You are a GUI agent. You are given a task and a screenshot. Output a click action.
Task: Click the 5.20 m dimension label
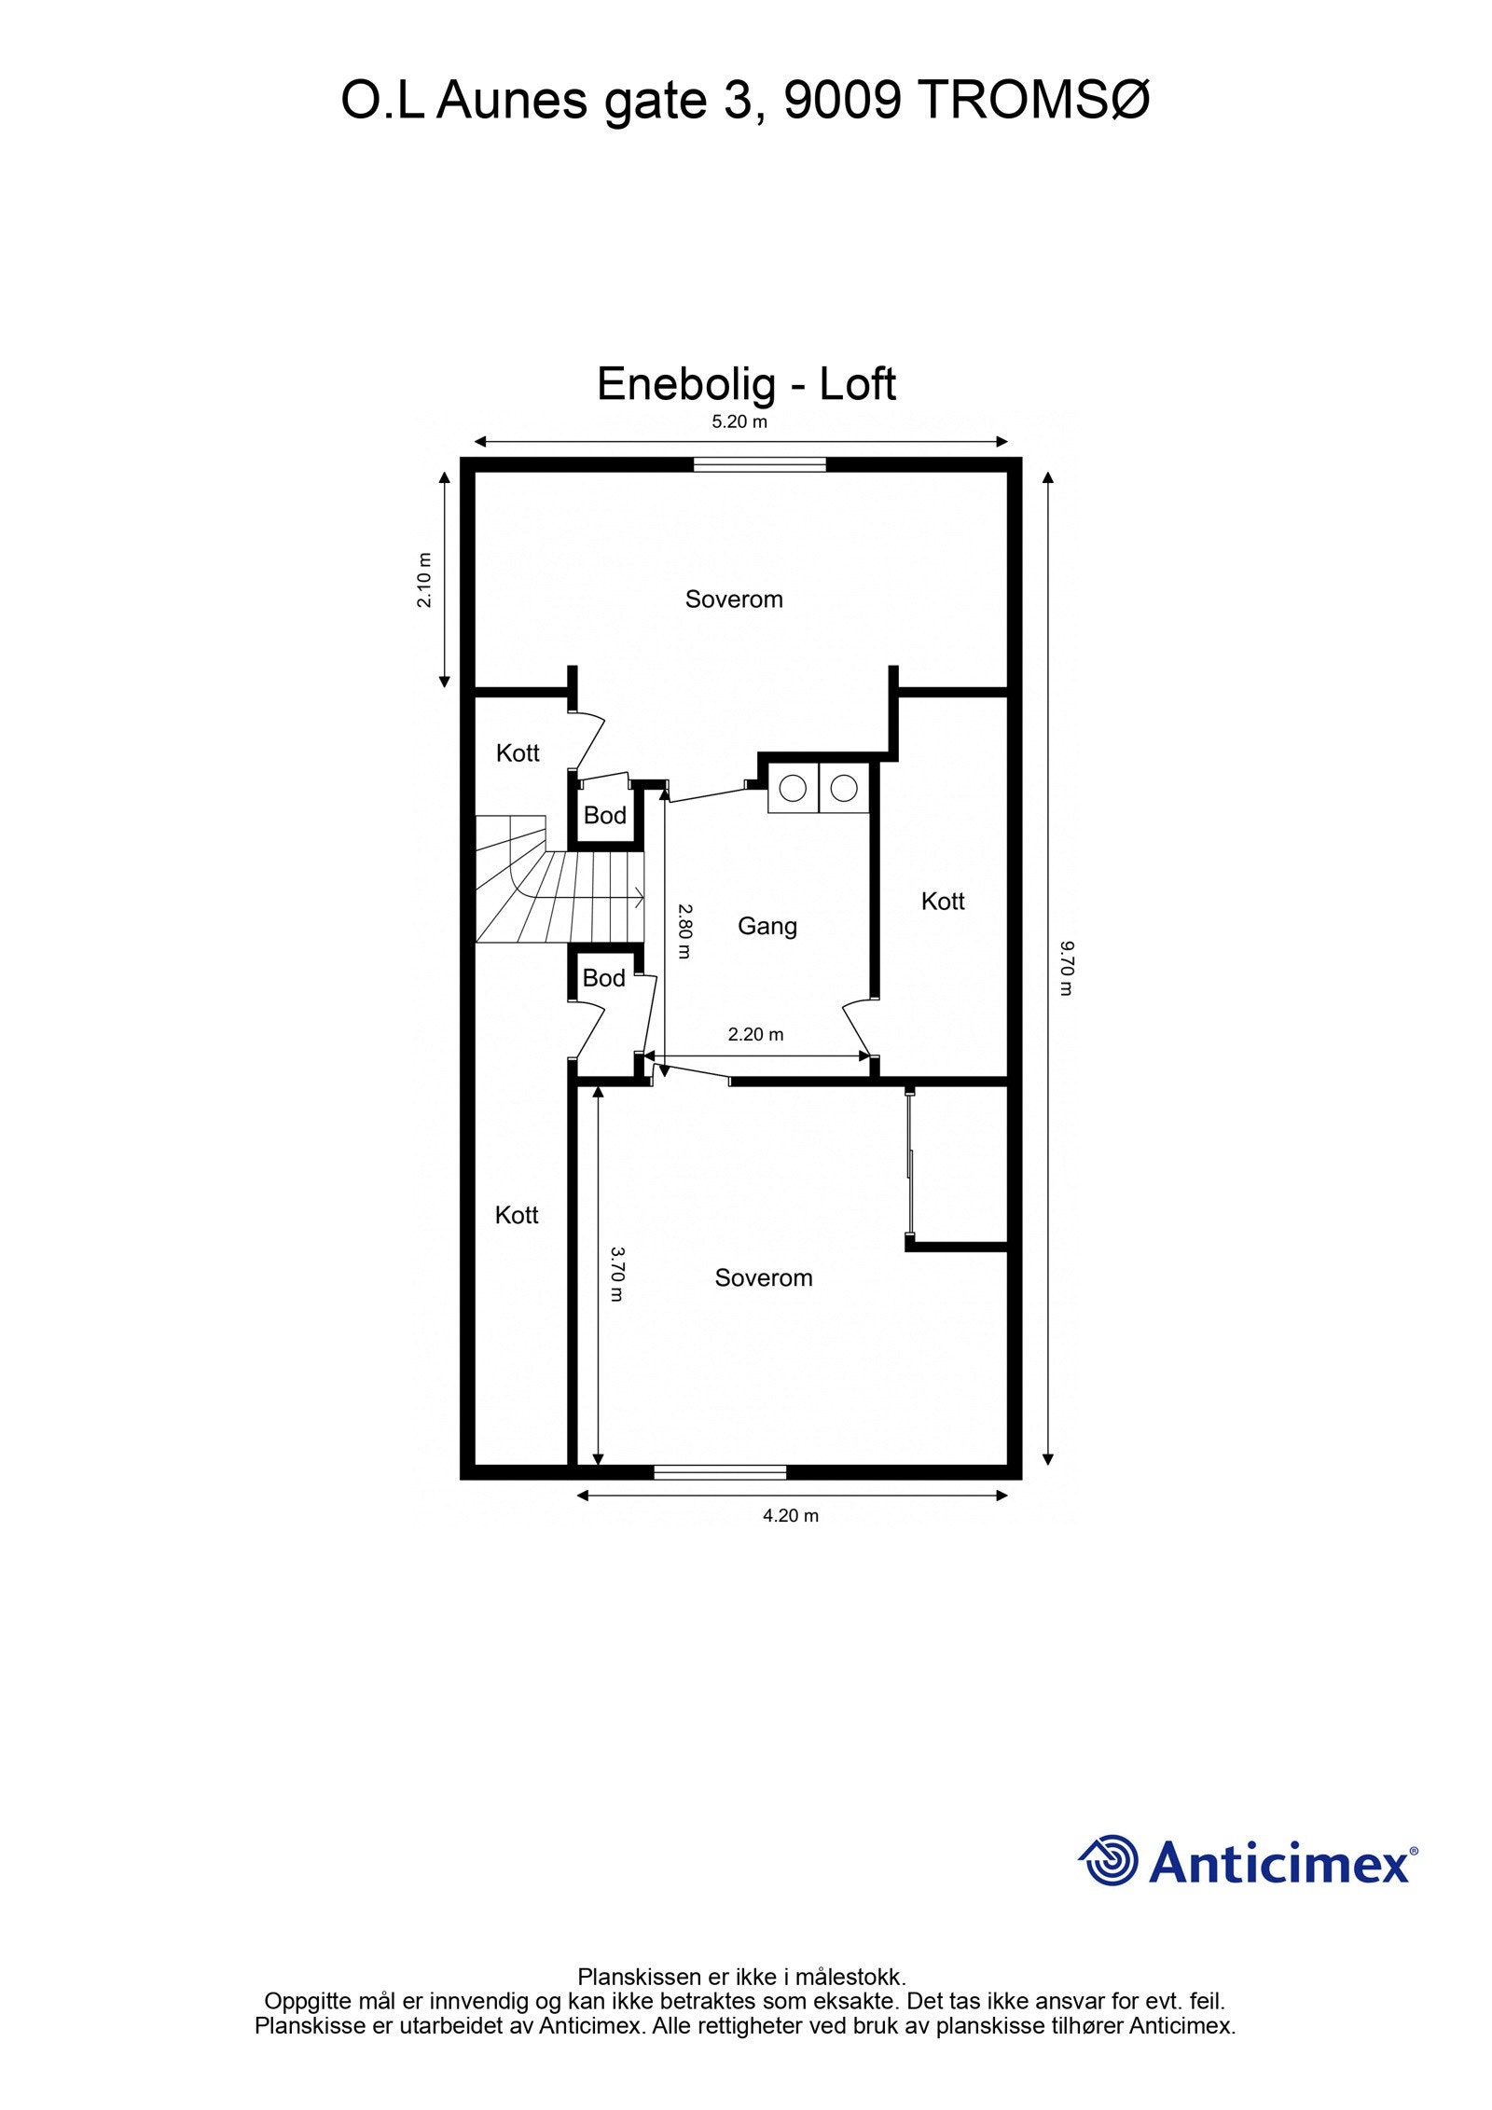click(x=739, y=421)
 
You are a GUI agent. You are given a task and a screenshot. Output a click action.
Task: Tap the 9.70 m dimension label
click(x=1065, y=968)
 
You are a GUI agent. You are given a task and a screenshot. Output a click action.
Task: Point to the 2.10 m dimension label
click(x=425, y=580)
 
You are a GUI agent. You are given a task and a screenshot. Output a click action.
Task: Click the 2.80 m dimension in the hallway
click(x=684, y=931)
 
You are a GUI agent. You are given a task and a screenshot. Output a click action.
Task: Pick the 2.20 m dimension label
click(x=755, y=1034)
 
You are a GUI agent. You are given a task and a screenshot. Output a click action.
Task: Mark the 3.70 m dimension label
click(x=616, y=1274)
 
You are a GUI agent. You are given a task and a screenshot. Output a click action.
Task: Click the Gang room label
click(x=767, y=926)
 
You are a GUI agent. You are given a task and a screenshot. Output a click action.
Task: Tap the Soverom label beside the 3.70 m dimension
click(x=763, y=1277)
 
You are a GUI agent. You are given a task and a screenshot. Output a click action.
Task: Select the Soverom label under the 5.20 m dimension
click(x=734, y=599)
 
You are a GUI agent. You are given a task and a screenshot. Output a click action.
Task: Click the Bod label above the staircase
click(x=604, y=815)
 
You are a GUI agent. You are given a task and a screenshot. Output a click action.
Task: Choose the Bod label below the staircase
click(x=603, y=978)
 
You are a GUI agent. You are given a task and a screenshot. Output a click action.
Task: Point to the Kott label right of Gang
click(x=942, y=901)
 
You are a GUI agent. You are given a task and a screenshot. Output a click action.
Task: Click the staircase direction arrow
click(x=637, y=898)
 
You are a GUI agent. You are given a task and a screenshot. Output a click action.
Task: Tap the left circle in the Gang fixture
click(x=792, y=788)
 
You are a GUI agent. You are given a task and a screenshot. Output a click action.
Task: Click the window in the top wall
click(x=759, y=463)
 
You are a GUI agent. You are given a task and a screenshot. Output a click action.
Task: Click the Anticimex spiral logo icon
click(x=1109, y=1860)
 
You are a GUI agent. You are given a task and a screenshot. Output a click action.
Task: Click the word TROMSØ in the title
click(x=1034, y=100)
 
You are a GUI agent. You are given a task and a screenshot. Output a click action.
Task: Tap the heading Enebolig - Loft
click(x=746, y=383)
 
